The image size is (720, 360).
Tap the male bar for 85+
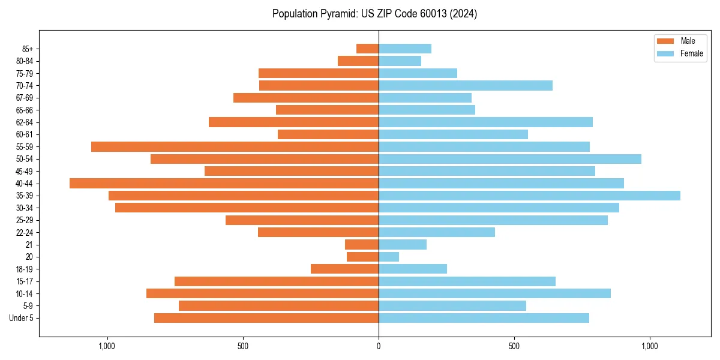(367, 49)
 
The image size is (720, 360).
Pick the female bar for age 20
(389, 257)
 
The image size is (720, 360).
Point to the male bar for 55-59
(235, 147)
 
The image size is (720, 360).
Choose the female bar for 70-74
(466, 86)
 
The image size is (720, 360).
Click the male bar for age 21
(362, 245)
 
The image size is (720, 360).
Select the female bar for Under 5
(484, 318)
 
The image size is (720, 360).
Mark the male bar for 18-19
(344, 269)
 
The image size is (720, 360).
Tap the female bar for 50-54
(510, 159)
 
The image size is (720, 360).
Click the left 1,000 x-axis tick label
(107, 347)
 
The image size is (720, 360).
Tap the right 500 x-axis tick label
(514, 347)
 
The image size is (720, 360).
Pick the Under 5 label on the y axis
(21, 318)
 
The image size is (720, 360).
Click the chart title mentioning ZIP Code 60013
(374, 14)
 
